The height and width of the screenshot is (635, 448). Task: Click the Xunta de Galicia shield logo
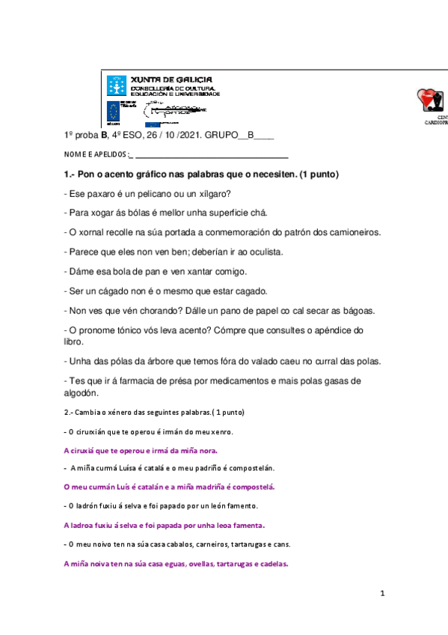click(x=116, y=85)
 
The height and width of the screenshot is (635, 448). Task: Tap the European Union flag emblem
click(x=114, y=112)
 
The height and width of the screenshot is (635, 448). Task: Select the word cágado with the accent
click(x=116, y=291)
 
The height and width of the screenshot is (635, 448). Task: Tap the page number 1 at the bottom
click(x=382, y=595)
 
